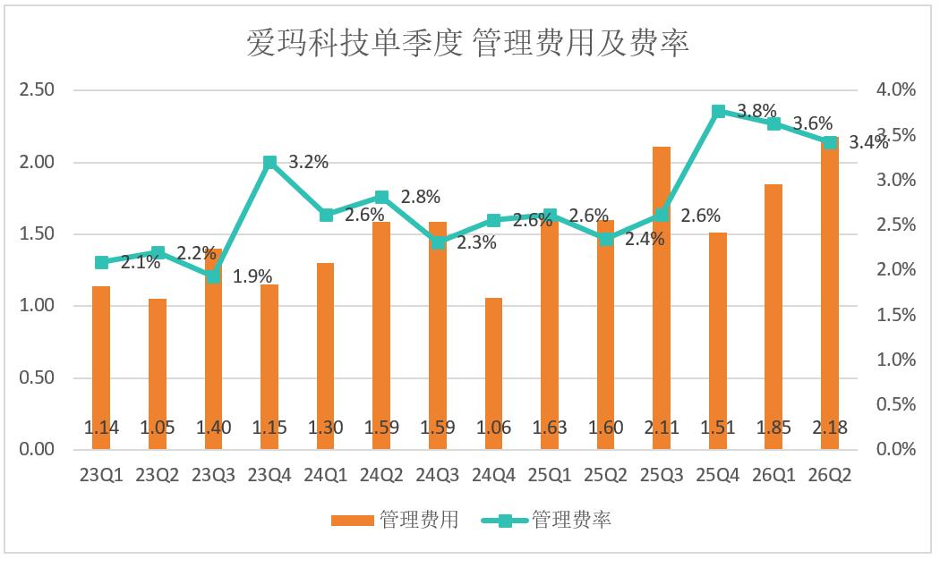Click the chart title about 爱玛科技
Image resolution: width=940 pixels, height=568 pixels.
tap(467, 43)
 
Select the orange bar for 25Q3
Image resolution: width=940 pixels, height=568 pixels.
tap(662, 298)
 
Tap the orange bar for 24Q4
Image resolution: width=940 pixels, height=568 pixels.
tap(493, 373)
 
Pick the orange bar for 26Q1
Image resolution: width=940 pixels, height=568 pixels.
tap(774, 317)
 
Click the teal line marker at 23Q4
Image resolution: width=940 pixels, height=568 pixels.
tap(269, 163)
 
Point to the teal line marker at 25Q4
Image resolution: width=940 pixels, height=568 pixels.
tap(718, 112)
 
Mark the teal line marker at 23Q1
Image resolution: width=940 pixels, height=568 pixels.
tap(102, 262)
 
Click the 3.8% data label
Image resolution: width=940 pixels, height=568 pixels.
tap(756, 111)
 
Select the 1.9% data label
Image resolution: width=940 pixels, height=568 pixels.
tap(252, 276)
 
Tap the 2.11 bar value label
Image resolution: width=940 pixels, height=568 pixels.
tap(662, 428)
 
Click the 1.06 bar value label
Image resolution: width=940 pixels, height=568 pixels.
tap(493, 428)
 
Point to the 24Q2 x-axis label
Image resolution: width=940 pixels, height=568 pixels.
tap(381, 475)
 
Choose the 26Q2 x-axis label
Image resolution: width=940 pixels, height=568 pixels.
tap(830, 475)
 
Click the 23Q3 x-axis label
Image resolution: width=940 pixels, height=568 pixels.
tap(213, 475)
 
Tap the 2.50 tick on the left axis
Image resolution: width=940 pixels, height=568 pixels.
tap(37, 89)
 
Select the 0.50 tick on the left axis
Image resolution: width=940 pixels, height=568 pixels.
tap(37, 377)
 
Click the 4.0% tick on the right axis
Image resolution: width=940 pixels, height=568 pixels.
tap(896, 89)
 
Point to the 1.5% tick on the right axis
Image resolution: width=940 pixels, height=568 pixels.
tap(896, 315)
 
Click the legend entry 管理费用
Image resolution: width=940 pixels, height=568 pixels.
tap(395, 520)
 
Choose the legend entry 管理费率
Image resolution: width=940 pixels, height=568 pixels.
tap(547, 520)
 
